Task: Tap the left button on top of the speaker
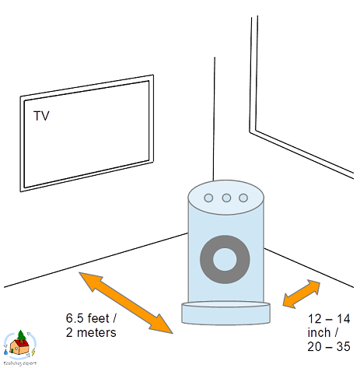pyautogui.click(x=208, y=198)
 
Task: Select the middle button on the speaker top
pyautogui.click(x=226, y=198)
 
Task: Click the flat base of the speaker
pyautogui.click(x=226, y=314)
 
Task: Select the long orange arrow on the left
pyautogui.click(x=126, y=301)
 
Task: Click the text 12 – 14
pyautogui.click(x=329, y=319)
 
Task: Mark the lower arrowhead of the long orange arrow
pyautogui.click(x=165, y=324)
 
